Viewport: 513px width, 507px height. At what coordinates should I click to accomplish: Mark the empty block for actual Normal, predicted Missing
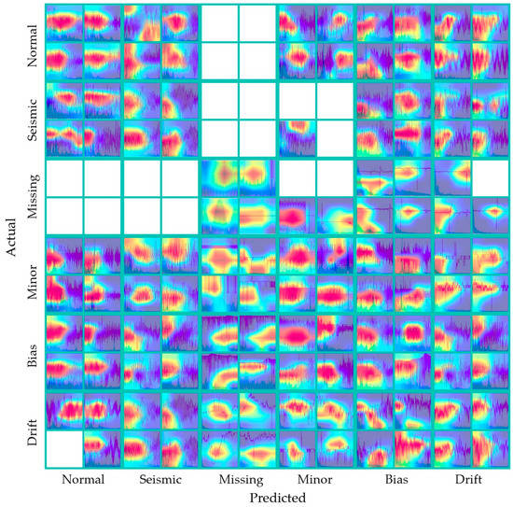click(x=238, y=42)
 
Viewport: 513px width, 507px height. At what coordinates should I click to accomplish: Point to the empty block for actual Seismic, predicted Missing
click(x=238, y=120)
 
